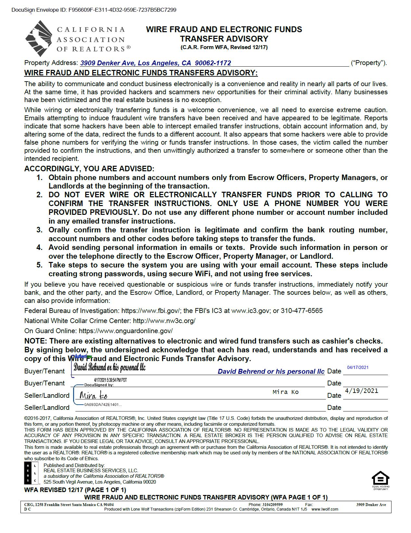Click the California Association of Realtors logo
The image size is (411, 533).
(39, 38)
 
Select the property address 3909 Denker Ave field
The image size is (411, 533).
(156, 63)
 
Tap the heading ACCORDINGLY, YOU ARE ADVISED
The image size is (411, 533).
(89, 169)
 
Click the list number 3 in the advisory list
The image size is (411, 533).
(39, 230)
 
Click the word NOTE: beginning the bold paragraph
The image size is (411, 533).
(36, 341)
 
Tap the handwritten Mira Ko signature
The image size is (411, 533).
(93, 396)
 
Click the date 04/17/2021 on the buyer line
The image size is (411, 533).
(358, 368)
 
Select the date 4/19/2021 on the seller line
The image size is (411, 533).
(362, 391)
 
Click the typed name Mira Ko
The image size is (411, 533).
(286, 392)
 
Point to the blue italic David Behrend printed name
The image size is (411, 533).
(271, 371)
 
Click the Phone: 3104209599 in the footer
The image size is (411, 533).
(265, 505)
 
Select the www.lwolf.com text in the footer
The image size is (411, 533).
(325, 509)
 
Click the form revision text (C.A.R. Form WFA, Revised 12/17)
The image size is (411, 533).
(224, 47)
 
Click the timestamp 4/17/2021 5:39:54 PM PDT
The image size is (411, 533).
(110, 380)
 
